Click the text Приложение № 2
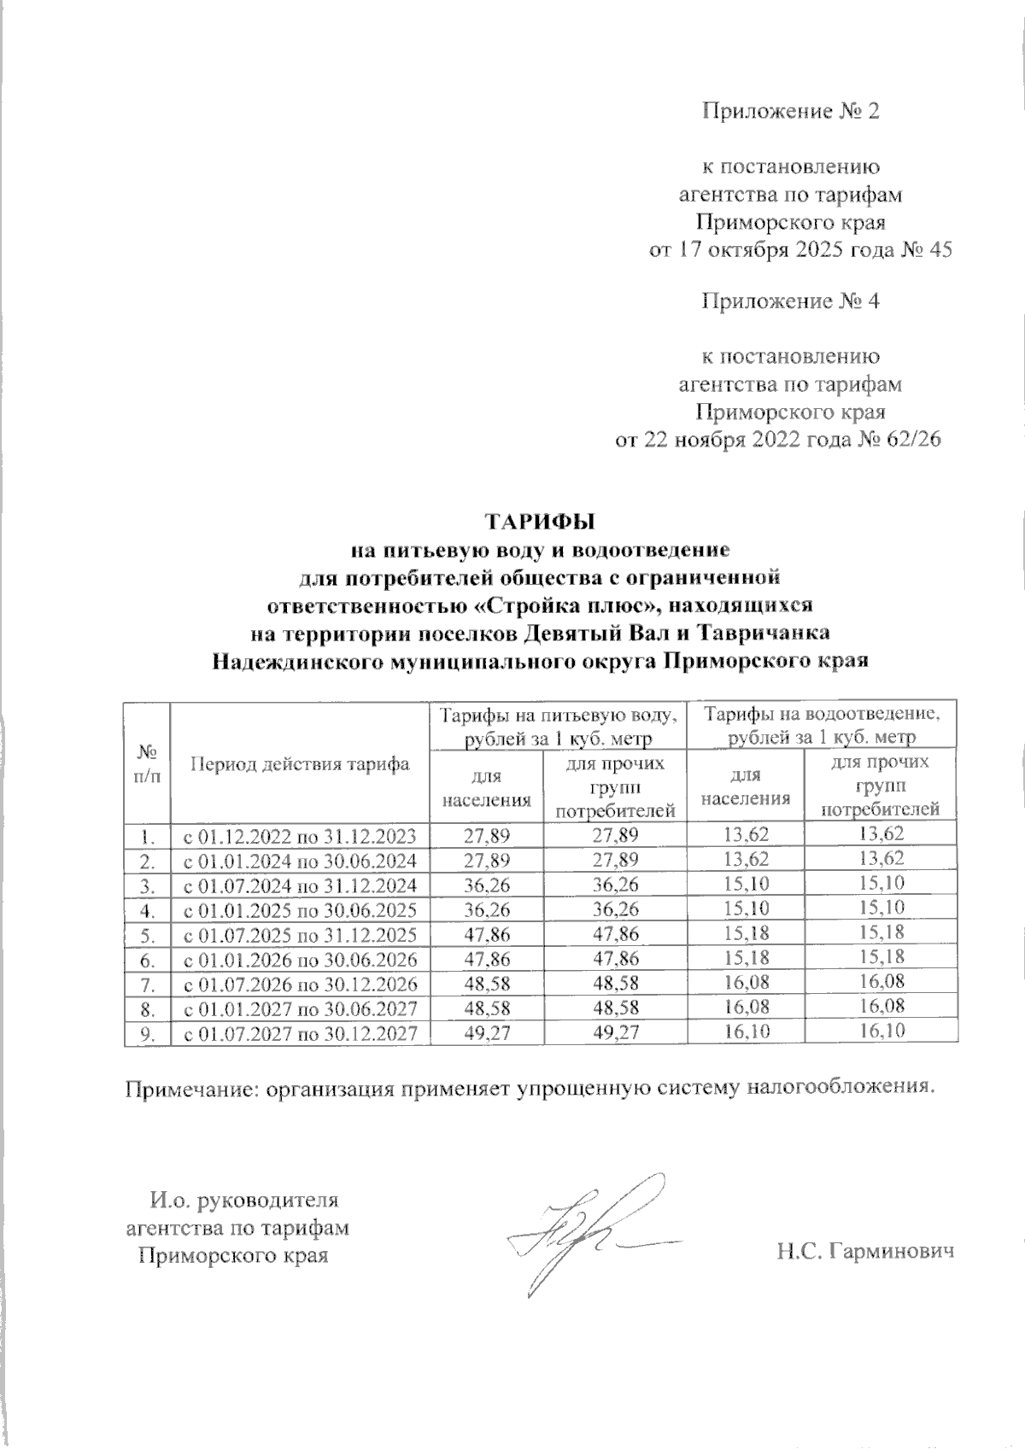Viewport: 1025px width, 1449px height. (790, 112)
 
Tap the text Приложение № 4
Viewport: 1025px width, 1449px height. (790, 301)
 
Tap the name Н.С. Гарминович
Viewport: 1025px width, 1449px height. (864, 1252)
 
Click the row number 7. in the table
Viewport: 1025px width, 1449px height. (148, 984)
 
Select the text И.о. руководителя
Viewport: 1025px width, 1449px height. (244, 1201)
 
